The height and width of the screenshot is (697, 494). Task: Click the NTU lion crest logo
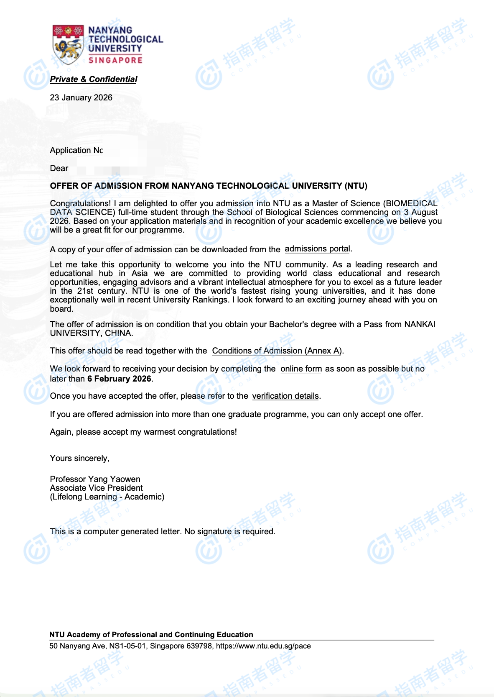click(x=68, y=44)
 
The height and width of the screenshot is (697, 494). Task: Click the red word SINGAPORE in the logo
click(x=115, y=60)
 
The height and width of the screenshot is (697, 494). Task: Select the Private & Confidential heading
click(x=94, y=79)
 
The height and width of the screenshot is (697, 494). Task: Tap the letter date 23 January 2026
click(x=81, y=97)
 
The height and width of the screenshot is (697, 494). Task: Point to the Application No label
click(x=76, y=150)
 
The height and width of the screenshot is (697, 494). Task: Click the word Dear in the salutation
click(x=59, y=168)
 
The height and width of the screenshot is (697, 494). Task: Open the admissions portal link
click(x=318, y=249)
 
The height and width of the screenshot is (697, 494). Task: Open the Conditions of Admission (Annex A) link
click(x=277, y=351)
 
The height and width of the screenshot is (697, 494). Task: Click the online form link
click(x=301, y=369)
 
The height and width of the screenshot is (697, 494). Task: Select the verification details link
click(x=285, y=396)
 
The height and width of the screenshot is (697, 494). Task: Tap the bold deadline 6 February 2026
click(x=119, y=379)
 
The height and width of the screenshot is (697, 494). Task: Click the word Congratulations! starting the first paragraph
click(x=80, y=203)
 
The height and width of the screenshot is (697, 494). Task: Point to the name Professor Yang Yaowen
click(x=95, y=479)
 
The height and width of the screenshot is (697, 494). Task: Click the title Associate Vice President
click(x=96, y=488)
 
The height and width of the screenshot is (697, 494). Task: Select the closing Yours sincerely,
click(x=80, y=458)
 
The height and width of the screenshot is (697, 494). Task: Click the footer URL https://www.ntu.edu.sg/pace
click(x=263, y=646)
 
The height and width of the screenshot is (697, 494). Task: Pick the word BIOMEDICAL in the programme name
click(x=412, y=203)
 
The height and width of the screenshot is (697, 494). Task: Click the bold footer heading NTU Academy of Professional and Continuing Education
click(x=151, y=635)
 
